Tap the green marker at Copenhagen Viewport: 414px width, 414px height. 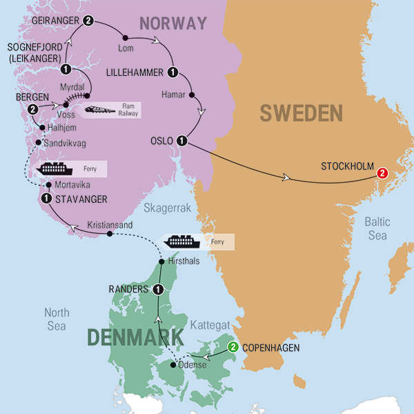point(233,347)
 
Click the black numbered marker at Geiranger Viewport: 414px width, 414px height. point(88,21)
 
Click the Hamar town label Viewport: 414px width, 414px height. point(172,92)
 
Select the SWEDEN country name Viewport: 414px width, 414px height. point(301,113)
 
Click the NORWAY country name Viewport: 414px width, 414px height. point(173,23)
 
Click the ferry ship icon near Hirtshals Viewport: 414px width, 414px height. point(180,241)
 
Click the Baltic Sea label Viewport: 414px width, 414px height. point(377,228)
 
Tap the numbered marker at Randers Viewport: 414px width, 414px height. point(157,289)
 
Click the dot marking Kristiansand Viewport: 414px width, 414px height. point(110,234)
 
